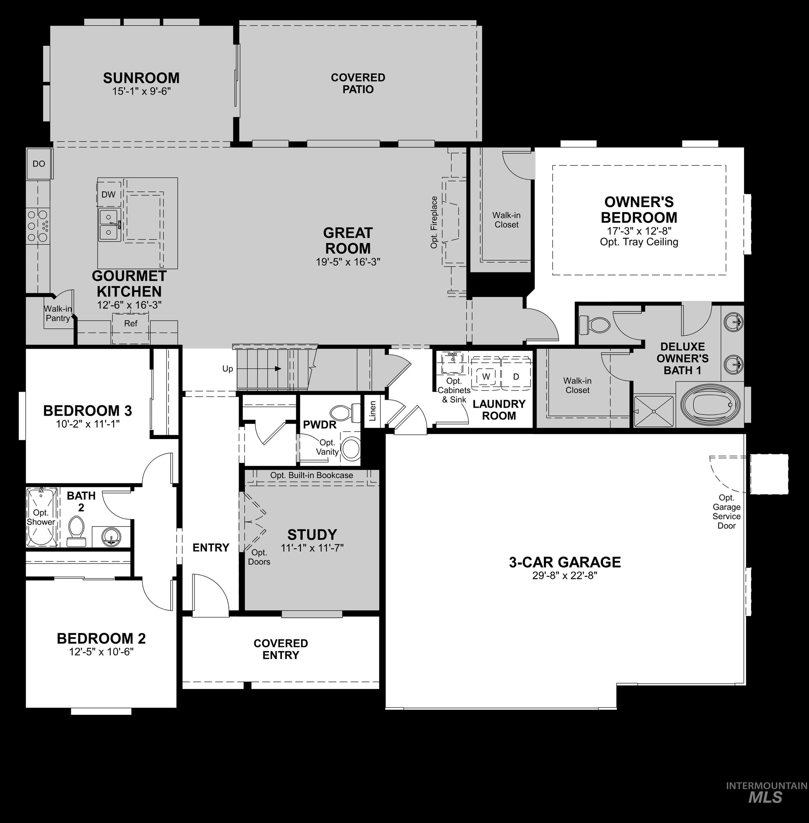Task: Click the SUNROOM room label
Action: pyautogui.click(x=141, y=78)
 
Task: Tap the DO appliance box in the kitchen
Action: pyautogui.click(x=39, y=164)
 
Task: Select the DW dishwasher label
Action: pyautogui.click(x=108, y=195)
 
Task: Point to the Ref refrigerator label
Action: pyautogui.click(x=130, y=323)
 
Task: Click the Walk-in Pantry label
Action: pyautogui.click(x=58, y=313)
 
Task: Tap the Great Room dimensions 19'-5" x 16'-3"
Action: pyautogui.click(x=348, y=262)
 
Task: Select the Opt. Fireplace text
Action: pyautogui.click(x=434, y=222)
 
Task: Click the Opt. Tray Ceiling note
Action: pyautogui.click(x=639, y=242)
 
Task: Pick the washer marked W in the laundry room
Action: pyautogui.click(x=486, y=376)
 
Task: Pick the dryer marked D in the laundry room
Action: pyautogui.click(x=516, y=376)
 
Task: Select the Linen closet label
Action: pyautogui.click(x=373, y=411)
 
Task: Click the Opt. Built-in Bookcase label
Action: pyautogui.click(x=311, y=475)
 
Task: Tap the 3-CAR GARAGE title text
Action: pyautogui.click(x=565, y=562)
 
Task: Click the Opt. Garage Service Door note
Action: pyautogui.click(x=726, y=512)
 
